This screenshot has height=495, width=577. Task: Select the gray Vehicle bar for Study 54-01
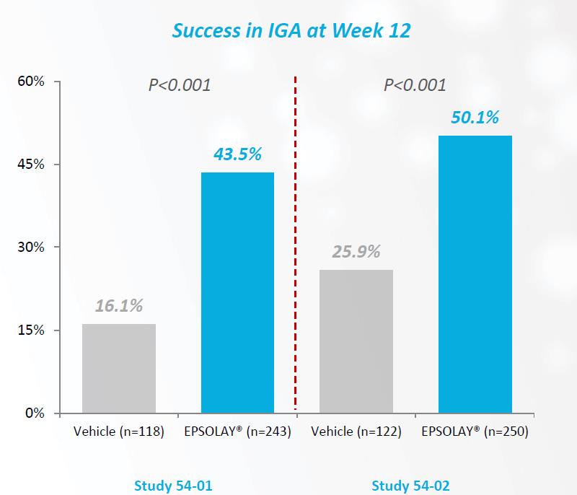point(119,369)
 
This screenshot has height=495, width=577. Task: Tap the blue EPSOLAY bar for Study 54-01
point(237,293)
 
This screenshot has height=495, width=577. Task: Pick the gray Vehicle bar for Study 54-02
point(356,341)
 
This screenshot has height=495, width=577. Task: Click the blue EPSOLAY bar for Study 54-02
point(475,275)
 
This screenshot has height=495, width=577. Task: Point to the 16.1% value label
point(119,307)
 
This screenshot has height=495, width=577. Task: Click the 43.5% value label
point(237,154)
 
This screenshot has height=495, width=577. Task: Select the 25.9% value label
point(356,253)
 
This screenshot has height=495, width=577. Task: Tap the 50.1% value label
point(475,118)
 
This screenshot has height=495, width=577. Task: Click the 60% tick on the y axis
point(31,82)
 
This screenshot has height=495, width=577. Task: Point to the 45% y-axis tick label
point(31,165)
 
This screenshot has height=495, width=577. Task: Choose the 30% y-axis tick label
point(31,247)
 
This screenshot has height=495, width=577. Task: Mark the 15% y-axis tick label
point(31,330)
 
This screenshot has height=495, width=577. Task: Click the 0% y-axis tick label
point(35,413)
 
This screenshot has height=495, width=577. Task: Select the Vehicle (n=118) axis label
point(119,432)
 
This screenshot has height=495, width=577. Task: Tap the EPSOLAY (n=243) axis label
point(237,432)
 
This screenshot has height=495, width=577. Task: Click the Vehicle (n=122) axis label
point(356,432)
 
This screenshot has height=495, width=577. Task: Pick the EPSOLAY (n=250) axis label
point(475,432)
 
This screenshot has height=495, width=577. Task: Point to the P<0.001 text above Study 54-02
point(415,85)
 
